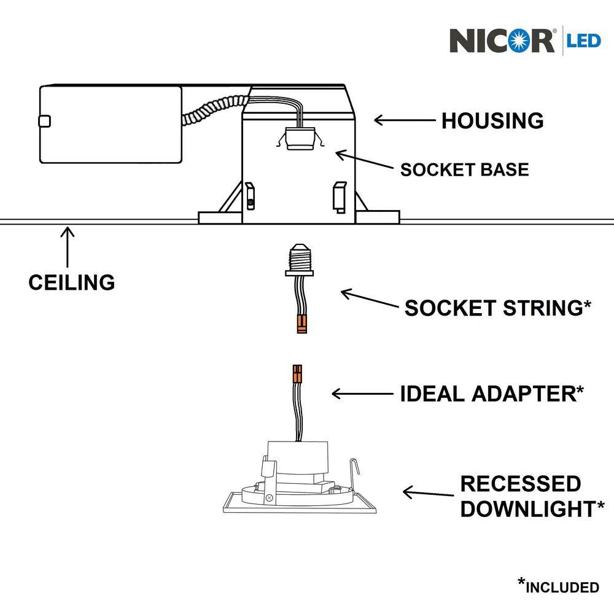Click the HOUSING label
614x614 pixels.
pyautogui.click(x=492, y=121)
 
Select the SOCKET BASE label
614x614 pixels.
pyautogui.click(x=464, y=169)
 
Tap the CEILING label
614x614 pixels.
pyautogui.click(x=71, y=282)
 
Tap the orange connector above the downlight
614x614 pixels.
pyautogui.click(x=297, y=373)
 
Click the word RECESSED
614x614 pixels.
pyautogui.click(x=520, y=484)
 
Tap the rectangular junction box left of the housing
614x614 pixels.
pyautogui.click(x=111, y=125)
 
